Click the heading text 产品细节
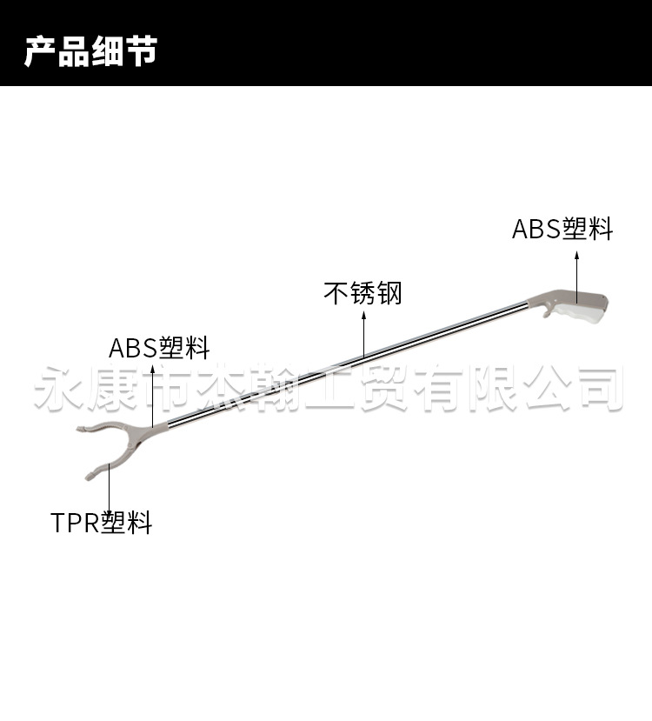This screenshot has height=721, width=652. point(90,51)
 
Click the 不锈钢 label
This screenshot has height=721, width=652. point(363,292)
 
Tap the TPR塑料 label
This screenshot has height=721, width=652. point(102,523)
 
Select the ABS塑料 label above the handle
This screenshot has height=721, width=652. point(562,229)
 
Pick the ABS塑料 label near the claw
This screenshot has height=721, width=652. point(159,349)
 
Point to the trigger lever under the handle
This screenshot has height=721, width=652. point(545,309)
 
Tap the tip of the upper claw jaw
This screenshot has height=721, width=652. point(79,429)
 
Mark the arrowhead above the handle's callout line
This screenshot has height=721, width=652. point(576,255)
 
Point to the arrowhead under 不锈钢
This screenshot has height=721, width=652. point(363,318)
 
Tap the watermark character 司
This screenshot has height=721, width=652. point(599,388)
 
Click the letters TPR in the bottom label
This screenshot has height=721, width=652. point(75,523)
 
